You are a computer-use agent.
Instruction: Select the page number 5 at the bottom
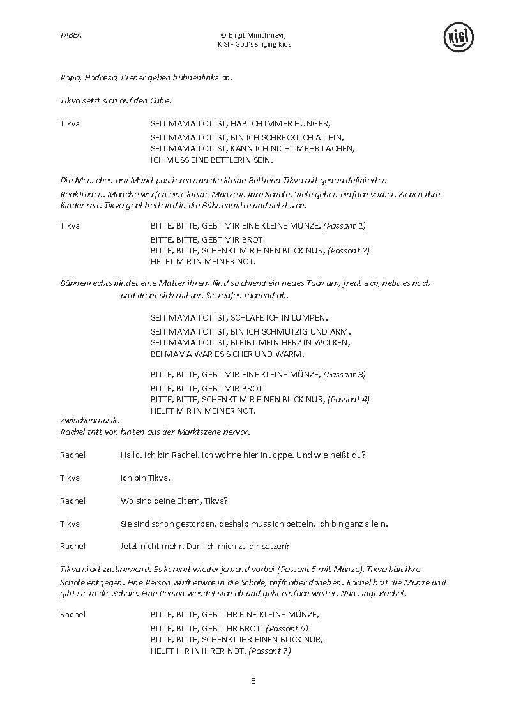[253, 681]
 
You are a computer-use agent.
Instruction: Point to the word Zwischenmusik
[80, 421]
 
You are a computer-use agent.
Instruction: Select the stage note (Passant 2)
[348, 250]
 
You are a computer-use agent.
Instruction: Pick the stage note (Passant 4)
[348, 399]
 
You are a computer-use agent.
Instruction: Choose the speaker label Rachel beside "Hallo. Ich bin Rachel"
[72, 455]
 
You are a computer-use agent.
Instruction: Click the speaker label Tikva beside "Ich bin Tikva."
[70, 478]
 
